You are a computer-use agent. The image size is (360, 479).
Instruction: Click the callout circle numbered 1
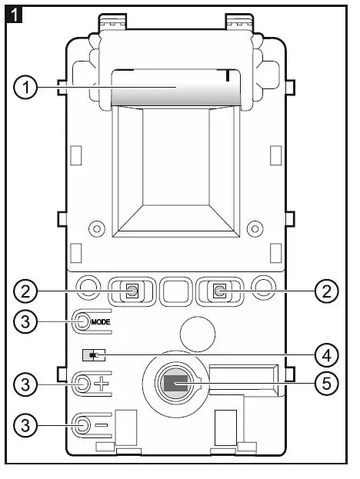click(x=25, y=88)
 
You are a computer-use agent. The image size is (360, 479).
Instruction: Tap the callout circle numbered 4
click(x=327, y=355)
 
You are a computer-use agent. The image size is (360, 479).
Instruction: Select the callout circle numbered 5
click(x=327, y=383)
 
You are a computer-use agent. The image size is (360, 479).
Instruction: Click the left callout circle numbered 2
click(x=25, y=291)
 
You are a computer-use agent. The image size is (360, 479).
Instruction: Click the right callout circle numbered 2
click(x=327, y=291)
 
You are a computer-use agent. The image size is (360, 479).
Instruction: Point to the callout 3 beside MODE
click(x=25, y=321)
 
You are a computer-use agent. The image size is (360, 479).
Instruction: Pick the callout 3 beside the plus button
click(x=25, y=384)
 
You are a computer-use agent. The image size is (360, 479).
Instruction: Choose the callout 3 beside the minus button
click(x=25, y=425)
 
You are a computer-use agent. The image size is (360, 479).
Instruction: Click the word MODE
click(x=101, y=322)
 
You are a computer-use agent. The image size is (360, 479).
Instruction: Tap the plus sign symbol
click(x=102, y=384)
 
